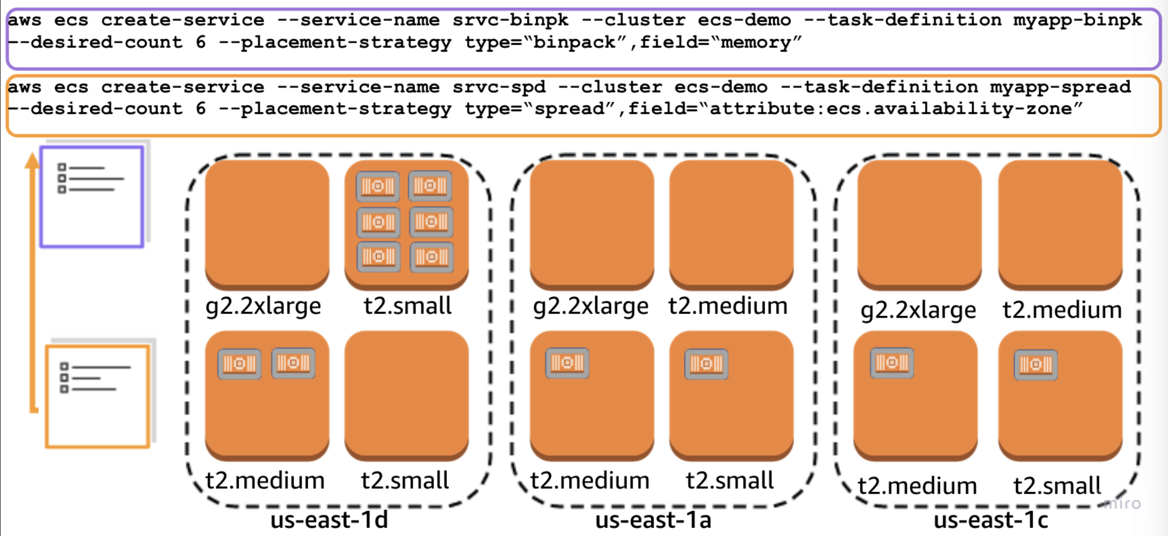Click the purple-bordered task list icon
[x=92, y=197]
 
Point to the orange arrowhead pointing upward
[x=32, y=162]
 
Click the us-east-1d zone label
[x=329, y=520]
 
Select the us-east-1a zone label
[x=653, y=520]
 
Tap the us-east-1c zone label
[x=991, y=520]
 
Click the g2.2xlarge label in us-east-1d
[x=263, y=306]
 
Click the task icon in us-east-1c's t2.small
[x=1035, y=365]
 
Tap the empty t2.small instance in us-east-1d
[x=406, y=395]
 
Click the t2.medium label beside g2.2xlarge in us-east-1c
[x=1062, y=310]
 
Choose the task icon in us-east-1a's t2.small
[x=706, y=364]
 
